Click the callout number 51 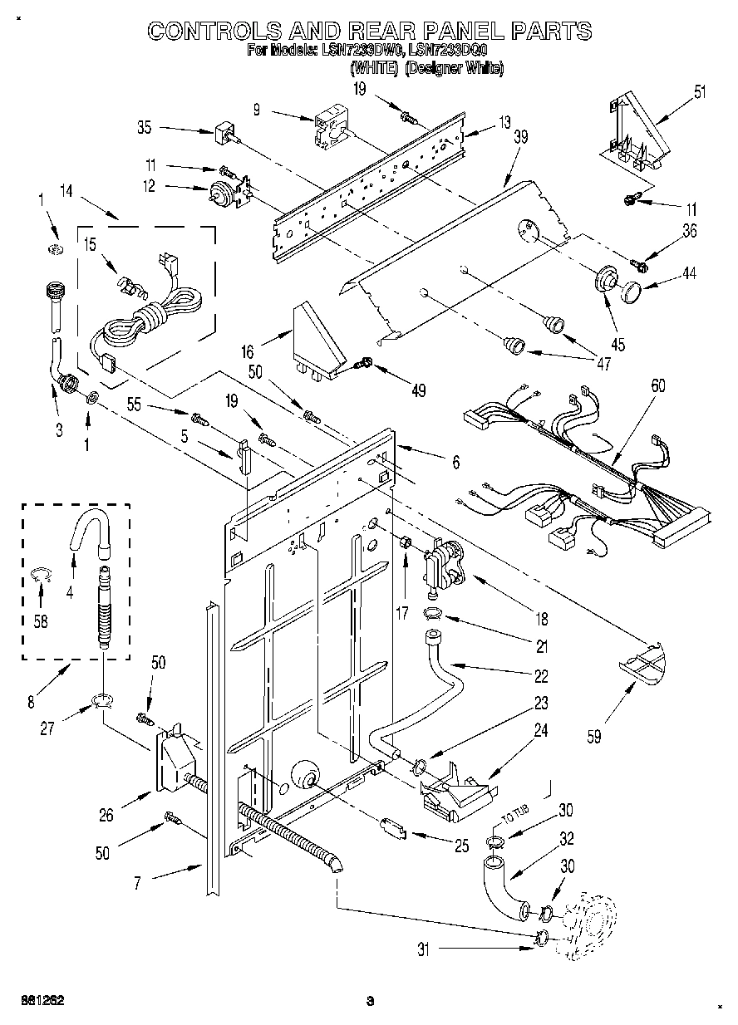point(700,92)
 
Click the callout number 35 point(145,129)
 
